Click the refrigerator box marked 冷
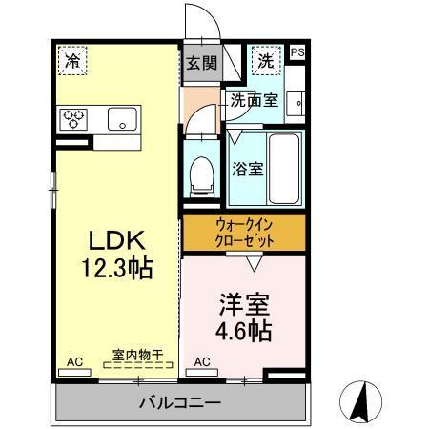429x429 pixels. point(71,60)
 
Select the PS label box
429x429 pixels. point(296,53)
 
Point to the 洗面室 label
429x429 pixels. point(254,99)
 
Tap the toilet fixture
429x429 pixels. point(201,174)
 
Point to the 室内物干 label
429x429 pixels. point(138,355)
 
